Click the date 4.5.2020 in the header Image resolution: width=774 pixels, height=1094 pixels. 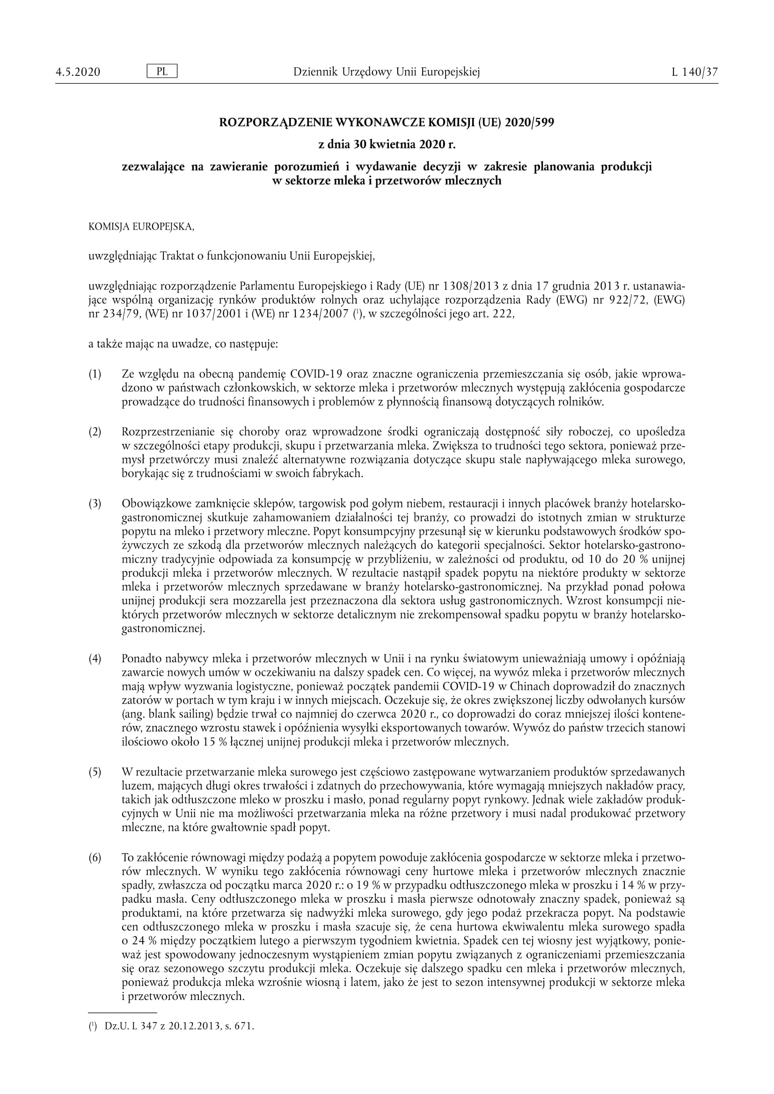coord(78,72)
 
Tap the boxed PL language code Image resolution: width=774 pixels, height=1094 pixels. coord(162,72)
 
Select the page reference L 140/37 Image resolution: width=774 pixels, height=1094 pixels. coord(694,72)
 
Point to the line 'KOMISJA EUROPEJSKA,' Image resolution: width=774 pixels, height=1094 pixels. coord(141,227)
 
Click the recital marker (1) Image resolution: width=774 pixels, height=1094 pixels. coord(95,374)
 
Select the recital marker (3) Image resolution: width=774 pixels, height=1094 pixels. coord(95,504)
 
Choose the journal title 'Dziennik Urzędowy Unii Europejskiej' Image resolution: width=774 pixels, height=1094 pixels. coord(387,72)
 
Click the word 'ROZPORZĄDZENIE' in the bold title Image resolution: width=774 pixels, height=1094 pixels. coord(276,123)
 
